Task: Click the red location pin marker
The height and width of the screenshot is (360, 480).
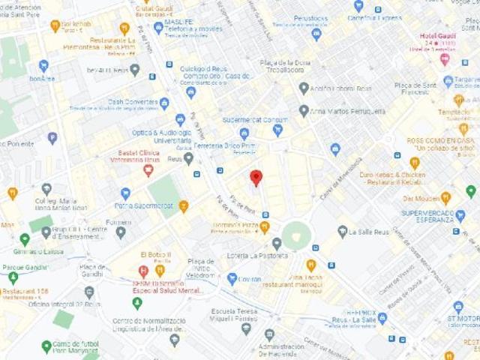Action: point(256,178)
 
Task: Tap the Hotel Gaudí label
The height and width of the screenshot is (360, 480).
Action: point(439,35)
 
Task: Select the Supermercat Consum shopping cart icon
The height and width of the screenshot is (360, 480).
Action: point(277,130)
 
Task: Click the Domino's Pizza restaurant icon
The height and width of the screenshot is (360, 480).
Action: point(265,226)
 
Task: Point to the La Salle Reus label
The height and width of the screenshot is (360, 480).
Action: point(368,232)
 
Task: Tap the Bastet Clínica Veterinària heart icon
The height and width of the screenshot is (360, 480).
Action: point(148,170)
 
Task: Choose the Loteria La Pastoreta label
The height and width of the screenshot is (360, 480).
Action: point(258,256)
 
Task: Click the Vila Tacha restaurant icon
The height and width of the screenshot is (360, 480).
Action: point(311,265)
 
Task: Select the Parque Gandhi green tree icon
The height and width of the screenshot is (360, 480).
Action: point(13,277)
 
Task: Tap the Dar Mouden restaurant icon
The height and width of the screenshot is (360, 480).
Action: point(445,198)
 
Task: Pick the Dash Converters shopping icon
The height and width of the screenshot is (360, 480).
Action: point(164,103)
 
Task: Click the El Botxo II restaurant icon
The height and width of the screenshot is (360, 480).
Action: point(160,271)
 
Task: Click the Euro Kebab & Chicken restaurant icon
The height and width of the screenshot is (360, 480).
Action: point(415,163)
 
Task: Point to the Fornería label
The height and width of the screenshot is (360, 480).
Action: point(118,222)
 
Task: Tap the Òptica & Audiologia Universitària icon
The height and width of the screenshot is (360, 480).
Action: point(180,120)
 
